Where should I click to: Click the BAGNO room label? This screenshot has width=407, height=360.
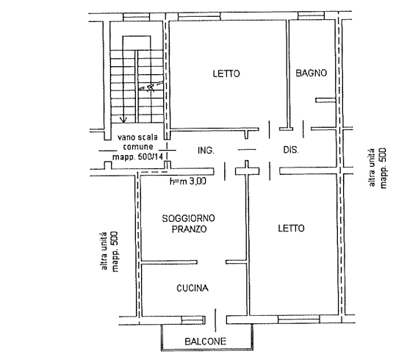point(311,73)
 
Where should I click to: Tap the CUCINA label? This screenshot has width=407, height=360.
point(192,288)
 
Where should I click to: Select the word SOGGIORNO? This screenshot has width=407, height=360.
point(189,218)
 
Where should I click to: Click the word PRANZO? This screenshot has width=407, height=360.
point(190,229)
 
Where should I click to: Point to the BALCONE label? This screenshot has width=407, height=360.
point(205,341)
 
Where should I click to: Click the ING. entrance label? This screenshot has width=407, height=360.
point(206,151)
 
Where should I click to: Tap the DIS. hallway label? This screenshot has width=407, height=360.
point(291,150)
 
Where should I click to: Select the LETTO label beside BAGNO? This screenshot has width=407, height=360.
point(226,73)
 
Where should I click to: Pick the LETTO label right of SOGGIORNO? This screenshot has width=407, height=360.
point(291,228)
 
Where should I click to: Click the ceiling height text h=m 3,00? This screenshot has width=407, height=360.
point(188,181)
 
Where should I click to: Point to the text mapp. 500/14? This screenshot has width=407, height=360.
point(137,156)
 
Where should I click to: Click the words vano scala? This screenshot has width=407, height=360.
point(137,137)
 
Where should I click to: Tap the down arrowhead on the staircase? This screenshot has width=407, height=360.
point(123,120)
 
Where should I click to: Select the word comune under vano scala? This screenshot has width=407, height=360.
point(138,147)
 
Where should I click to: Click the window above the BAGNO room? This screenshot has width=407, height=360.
point(311,15)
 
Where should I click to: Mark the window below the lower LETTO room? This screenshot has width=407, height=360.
point(299,320)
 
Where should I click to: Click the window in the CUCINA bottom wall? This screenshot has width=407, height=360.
point(193,320)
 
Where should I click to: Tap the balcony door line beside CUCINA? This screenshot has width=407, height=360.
point(215,320)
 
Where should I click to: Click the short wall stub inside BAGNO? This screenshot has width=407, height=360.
point(325,100)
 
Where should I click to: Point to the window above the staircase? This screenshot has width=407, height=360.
point(136,17)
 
